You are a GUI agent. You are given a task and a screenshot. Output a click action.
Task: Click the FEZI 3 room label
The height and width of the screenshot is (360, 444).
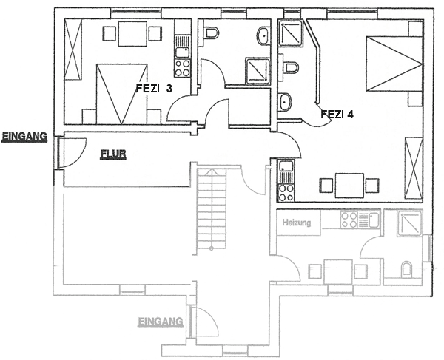tap(154, 89)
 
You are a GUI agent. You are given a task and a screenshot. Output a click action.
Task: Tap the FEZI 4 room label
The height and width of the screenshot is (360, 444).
tap(337, 115)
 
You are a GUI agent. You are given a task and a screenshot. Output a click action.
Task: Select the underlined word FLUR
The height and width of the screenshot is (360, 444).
tap(113, 154)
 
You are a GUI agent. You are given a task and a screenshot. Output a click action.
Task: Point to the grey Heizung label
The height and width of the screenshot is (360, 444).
tap(297, 223)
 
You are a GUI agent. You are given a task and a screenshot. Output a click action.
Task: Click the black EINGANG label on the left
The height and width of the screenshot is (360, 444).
tap(24, 136)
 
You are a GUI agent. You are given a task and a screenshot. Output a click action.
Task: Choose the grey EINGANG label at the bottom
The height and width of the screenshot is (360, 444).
tap(160, 322)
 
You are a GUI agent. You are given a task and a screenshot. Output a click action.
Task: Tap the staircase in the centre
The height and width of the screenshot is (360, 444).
tap(211, 209)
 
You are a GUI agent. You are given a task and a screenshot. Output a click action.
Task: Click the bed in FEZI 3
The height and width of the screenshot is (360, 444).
tap(122, 94)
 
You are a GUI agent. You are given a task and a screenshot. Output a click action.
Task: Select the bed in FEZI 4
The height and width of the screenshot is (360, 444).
tap(394, 64)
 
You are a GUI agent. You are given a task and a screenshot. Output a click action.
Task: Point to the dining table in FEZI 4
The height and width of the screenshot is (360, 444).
tap(349, 186)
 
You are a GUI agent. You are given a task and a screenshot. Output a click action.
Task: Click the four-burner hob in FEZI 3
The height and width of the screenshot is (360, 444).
tap(182, 68)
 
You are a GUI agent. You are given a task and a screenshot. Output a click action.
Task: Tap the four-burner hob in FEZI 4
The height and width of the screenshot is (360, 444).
tap(286, 192)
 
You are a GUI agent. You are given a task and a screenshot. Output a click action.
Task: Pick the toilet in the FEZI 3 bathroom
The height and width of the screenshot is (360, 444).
tap(210, 33)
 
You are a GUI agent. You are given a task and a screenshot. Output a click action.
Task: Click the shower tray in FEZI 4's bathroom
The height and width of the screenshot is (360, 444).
tap(291, 33)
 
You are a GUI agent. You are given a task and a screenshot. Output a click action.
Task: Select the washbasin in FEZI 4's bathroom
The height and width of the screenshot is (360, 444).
tap(285, 102)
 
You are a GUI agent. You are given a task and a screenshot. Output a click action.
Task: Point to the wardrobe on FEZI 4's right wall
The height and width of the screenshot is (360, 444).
tap(414, 168)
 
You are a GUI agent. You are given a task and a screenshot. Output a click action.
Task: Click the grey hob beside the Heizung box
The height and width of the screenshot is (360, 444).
tap(349, 220)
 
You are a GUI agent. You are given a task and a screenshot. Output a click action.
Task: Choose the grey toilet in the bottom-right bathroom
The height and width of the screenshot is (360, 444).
tap(406, 268)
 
